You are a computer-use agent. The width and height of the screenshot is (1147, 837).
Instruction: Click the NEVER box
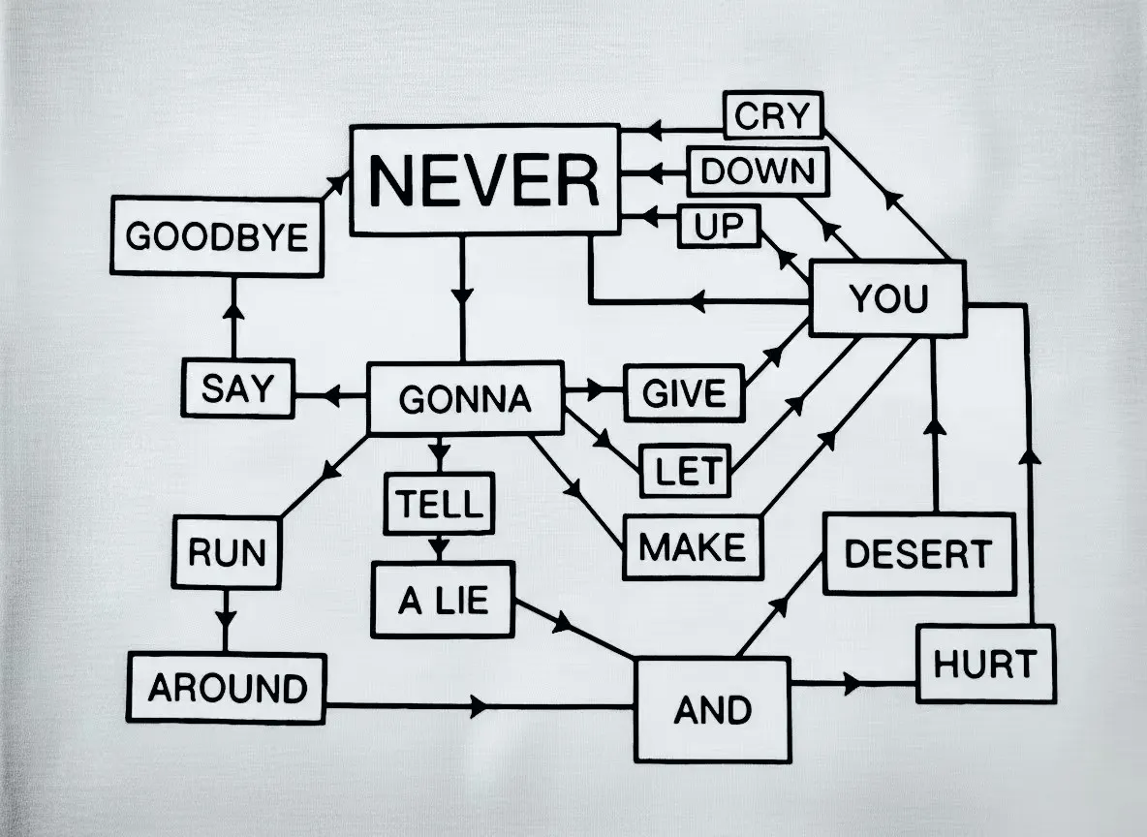click(484, 179)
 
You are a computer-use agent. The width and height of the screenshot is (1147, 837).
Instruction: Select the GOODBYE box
click(217, 236)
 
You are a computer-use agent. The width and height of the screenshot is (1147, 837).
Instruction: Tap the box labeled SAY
click(237, 388)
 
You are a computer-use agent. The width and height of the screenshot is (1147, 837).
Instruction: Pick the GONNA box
click(465, 398)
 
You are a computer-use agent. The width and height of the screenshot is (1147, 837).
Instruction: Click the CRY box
click(772, 116)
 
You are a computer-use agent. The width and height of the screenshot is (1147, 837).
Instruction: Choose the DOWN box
click(759, 171)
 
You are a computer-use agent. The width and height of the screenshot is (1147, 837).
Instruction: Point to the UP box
click(718, 227)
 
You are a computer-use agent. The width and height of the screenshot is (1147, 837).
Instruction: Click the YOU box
click(887, 299)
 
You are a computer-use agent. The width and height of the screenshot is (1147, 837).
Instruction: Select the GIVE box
click(683, 393)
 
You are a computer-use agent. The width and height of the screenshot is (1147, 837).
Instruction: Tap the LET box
click(686, 472)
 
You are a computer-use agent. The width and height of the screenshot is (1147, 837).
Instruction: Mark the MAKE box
click(692, 547)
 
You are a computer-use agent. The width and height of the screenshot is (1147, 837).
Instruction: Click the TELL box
click(439, 504)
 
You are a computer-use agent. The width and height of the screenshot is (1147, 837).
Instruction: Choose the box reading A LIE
click(443, 602)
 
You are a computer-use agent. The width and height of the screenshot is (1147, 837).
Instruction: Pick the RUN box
click(227, 553)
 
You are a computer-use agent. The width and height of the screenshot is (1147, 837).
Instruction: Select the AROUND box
click(227, 689)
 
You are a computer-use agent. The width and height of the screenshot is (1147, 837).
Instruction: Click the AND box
click(712, 710)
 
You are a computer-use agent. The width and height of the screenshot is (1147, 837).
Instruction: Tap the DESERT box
click(917, 554)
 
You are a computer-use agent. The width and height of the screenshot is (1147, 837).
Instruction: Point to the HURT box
click(984, 665)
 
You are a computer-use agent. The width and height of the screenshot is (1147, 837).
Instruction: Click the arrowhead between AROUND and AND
click(480, 706)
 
